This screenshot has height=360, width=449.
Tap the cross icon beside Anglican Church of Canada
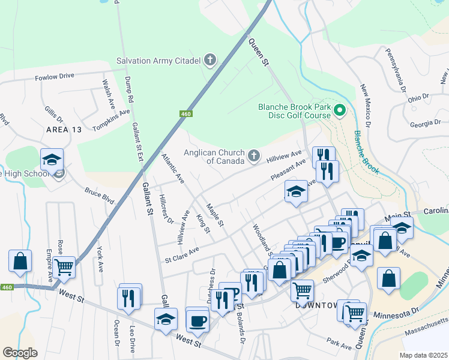[x=254, y=157]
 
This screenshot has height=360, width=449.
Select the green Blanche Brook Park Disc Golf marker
[x=339, y=110]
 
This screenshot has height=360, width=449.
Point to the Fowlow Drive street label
[x=54, y=76]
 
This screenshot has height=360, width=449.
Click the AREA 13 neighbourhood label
[x=63, y=130]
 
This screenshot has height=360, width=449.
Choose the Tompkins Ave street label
[x=111, y=120]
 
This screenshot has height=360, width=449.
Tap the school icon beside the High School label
[x=52, y=160]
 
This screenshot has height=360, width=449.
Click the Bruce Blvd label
[x=99, y=197]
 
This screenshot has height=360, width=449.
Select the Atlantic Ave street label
[x=173, y=167]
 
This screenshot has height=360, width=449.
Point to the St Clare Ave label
[x=182, y=254]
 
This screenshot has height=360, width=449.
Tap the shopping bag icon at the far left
[x=20, y=261]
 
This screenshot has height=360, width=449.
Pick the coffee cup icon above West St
[x=197, y=321]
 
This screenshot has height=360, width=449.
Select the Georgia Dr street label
[x=425, y=123]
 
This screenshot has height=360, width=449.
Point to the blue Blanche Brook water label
[x=366, y=152]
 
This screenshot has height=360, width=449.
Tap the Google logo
[x=20, y=353]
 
